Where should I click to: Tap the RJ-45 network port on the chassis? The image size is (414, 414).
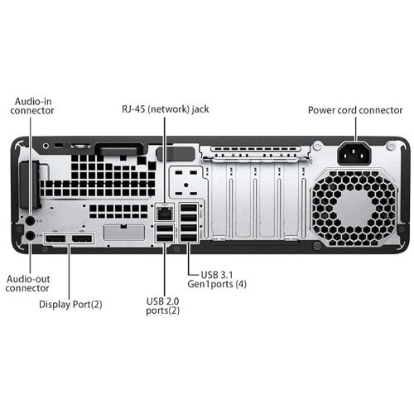[x=164, y=212]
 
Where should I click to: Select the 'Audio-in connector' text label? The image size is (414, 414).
[x=33, y=105]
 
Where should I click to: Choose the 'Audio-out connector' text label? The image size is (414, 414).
[x=27, y=284]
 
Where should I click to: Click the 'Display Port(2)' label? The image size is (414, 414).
[x=70, y=304]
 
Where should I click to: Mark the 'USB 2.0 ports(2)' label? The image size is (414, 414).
[x=163, y=306]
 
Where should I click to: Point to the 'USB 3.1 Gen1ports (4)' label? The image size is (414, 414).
[x=217, y=279]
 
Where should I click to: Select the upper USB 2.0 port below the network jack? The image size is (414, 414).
[x=164, y=228]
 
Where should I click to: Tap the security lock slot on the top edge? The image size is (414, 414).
[x=58, y=145]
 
